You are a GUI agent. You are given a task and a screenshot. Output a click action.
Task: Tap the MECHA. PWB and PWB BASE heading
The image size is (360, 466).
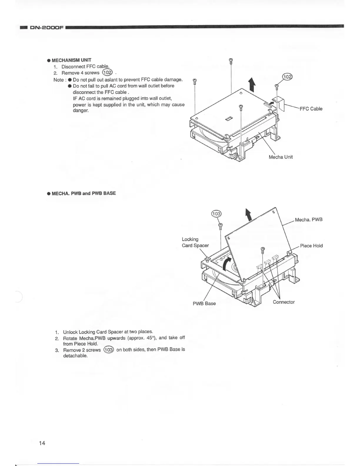click(84, 193)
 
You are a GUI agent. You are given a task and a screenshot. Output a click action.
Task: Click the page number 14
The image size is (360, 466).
click(42, 443)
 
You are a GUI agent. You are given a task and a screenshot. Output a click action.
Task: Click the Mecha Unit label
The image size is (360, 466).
click(281, 157)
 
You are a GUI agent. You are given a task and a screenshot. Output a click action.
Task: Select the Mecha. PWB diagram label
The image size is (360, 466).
click(309, 219)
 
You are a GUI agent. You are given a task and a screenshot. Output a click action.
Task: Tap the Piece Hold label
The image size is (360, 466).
click(311, 246)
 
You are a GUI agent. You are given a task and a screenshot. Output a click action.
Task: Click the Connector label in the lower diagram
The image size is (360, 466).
click(284, 302)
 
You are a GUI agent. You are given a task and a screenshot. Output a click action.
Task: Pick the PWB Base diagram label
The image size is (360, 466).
click(204, 303)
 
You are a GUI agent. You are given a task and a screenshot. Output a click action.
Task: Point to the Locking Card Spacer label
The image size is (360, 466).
click(195, 242)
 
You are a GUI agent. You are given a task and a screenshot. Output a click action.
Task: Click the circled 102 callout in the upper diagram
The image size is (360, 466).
click(287, 77)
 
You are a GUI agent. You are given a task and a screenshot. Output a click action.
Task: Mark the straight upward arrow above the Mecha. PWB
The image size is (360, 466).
click(249, 214)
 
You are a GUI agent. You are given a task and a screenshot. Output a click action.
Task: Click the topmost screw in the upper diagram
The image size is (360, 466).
click(231, 60)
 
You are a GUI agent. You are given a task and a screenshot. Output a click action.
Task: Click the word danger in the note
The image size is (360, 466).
click(79, 111)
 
